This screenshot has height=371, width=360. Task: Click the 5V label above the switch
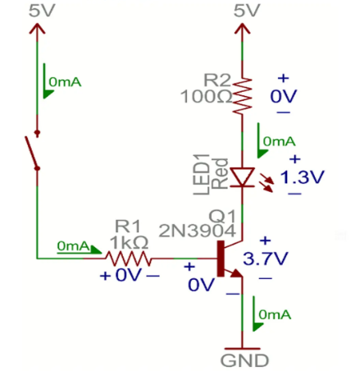(x=36, y=11)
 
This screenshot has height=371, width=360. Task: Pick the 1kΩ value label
(x=130, y=242)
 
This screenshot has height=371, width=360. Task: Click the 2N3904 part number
(x=190, y=229)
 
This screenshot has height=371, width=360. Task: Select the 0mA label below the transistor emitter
(x=273, y=314)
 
